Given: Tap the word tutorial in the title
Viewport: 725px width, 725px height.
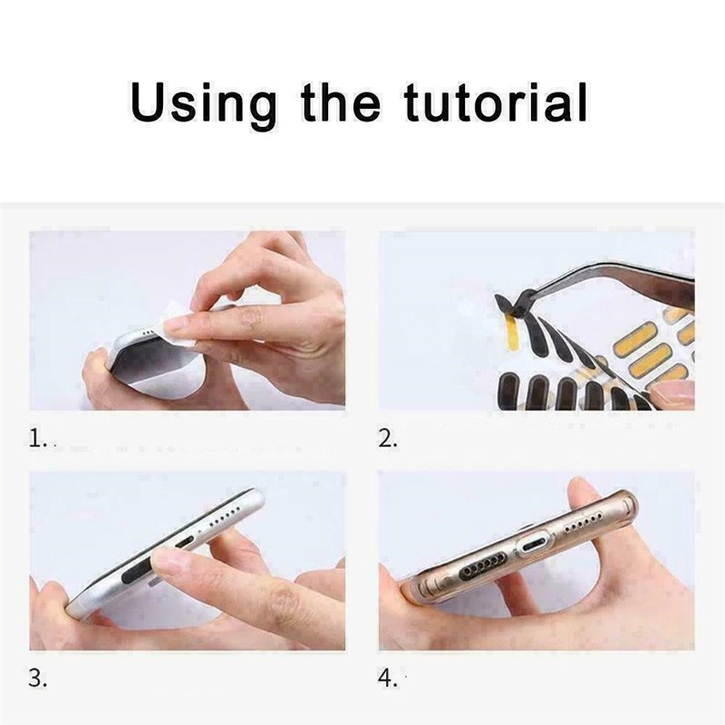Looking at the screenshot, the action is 496,101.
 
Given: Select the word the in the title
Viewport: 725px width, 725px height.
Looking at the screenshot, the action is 342,101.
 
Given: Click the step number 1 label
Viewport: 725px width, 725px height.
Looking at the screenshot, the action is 37,439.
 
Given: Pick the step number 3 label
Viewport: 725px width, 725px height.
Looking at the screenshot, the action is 37,678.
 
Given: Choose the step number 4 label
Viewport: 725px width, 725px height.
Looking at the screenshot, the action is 388,678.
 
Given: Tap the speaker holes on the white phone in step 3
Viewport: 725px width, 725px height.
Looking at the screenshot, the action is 224,517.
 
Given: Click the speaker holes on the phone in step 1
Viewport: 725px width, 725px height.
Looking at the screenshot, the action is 149,331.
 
